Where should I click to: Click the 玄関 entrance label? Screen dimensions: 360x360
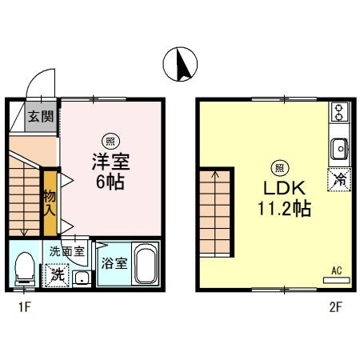(x=41, y=116)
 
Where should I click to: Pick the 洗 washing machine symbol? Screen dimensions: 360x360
(x=58, y=274)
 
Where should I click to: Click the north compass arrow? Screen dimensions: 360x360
(x=181, y=64)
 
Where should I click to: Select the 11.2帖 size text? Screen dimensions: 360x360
(x=278, y=210)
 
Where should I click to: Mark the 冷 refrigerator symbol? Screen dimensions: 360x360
(x=338, y=180)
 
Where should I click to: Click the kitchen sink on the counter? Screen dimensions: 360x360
(x=338, y=148)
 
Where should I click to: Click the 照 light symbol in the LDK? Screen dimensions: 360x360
(x=279, y=167)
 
